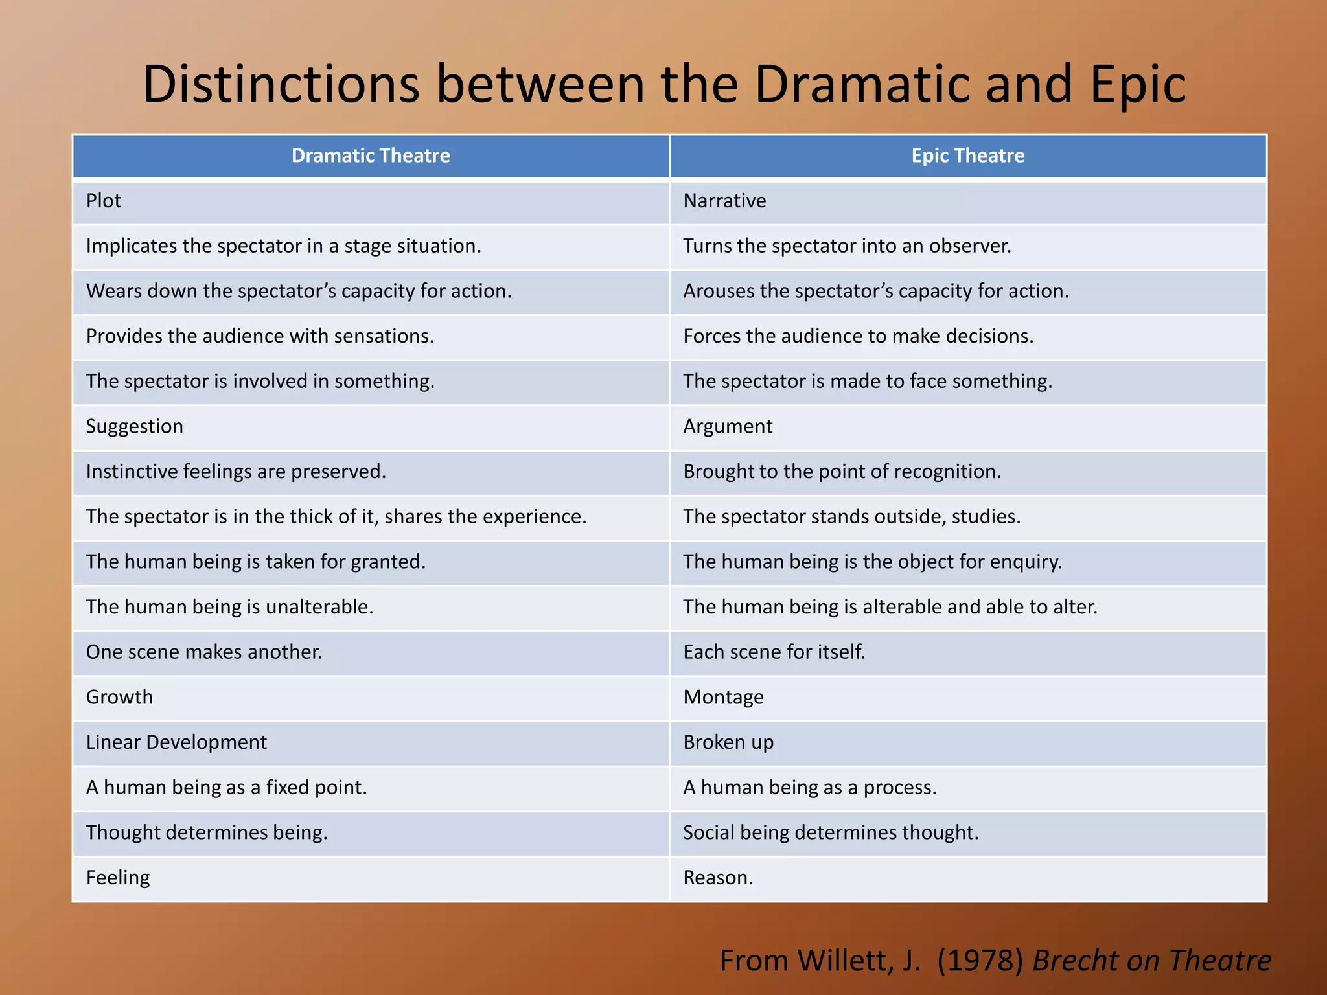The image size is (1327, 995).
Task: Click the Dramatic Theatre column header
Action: pyautogui.click(x=371, y=155)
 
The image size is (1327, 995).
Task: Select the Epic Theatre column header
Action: pyautogui.click(x=967, y=155)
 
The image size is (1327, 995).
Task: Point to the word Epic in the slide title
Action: pyautogui.click(x=1138, y=84)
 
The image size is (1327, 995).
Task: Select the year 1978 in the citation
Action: pyautogui.click(x=980, y=961)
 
